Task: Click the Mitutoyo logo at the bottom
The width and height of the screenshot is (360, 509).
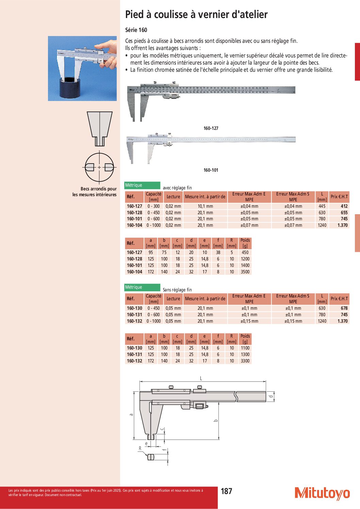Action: (322, 493)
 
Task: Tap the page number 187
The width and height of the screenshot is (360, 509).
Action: (226, 491)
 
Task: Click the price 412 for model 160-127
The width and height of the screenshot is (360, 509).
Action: (344, 206)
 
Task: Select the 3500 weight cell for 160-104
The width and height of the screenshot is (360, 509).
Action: (245, 272)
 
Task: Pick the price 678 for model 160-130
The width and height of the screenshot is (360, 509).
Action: (344, 308)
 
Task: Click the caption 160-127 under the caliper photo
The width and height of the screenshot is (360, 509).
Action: (211, 128)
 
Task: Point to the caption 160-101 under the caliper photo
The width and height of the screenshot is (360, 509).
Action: (211, 170)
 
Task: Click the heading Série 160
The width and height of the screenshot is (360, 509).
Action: (136, 30)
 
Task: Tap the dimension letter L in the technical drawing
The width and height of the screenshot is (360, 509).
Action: (201, 378)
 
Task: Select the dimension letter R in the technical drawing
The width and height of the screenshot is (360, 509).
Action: (140, 448)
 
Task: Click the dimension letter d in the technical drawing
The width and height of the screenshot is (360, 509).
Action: (271, 396)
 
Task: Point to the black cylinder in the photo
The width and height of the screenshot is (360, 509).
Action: (72, 88)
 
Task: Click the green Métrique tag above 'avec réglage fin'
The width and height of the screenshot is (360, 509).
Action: (142, 185)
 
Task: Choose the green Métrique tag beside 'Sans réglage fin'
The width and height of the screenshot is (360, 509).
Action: (142, 287)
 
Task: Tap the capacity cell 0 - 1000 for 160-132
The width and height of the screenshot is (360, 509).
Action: (153, 321)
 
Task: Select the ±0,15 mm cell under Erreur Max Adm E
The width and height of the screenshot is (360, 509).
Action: (249, 321)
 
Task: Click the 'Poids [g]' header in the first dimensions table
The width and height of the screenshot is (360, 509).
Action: (245, 243)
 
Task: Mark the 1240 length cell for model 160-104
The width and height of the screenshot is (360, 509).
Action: (322, 225)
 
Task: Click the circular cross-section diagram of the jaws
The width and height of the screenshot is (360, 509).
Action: (99, 167)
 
